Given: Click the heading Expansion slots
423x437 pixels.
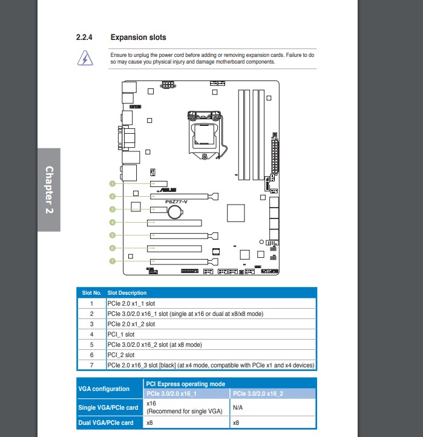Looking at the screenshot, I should (138, 38).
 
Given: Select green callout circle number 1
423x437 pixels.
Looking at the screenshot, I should (113, 183).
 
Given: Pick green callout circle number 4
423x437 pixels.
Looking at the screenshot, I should (113, 222).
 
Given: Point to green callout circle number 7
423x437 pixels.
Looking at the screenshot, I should (113, 261).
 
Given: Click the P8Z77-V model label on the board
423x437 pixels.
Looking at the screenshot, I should (177, 202).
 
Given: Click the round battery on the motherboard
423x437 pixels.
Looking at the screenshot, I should (175, 211).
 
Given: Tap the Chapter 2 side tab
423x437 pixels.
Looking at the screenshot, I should (49, 189).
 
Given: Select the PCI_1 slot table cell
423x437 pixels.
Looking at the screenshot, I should (121, 334).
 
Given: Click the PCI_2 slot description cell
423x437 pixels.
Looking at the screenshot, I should (121, 355).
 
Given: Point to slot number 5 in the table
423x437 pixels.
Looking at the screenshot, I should (91, 344).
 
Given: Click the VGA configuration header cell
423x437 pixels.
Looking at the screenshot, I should (103, 389).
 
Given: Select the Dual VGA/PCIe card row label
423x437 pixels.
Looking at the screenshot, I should (106, 422).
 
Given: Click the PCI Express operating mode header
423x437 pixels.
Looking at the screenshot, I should (186, 384).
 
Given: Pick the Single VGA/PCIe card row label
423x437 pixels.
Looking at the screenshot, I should (107, 408).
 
